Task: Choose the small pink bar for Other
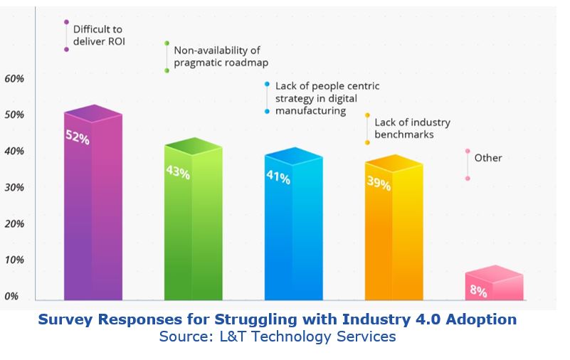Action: [495, 282]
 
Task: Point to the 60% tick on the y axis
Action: [14, 78]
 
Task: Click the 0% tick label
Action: [11, 296]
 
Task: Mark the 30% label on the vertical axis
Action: [14, 187]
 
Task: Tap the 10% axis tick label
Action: [14, 260]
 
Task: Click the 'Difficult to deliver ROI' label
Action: [99, 36]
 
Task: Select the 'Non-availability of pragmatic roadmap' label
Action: [221, 56]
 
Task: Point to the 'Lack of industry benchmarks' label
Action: [412, 128]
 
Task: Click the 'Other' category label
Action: [488, 158]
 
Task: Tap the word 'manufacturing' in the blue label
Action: [310, 110]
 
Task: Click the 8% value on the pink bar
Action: [478, 290]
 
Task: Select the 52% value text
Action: [78, 137]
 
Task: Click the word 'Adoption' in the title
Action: [481, 319]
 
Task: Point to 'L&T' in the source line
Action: [232, 337]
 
